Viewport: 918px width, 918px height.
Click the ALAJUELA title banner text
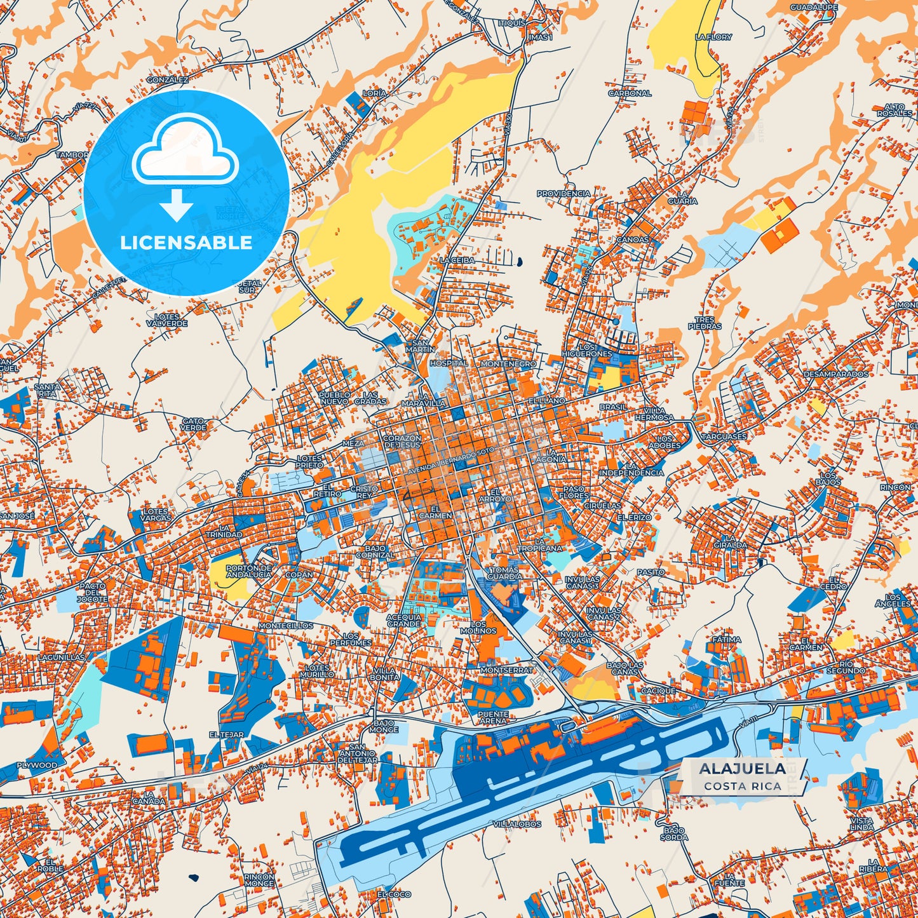click(x=741, y=769)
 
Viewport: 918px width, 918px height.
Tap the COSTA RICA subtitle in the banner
click(x=741, y=786)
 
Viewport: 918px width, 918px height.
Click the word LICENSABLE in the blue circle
click(x=186, y=242)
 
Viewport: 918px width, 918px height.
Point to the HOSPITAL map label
click(x=449, y=363)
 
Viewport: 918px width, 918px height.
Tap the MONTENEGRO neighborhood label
click(x=508, y=363)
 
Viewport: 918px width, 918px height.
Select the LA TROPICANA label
click(x=539, y=544)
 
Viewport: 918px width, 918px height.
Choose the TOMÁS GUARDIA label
click(x=505, y=573)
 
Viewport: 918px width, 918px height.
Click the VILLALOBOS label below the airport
click(x=517, y=824)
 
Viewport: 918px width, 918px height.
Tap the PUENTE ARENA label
click(x=493, y=717)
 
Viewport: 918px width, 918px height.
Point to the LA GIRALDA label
click(x=730, y=541)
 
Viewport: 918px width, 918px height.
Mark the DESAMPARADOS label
click(x=835, y=374)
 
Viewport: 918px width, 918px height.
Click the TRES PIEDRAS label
click(x=705, y=323)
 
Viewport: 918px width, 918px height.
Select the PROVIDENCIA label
click(x=564, y=193)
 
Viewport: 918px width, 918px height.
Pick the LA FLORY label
click(x=713, y=37)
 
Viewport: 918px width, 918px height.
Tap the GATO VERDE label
click(x=193, y=424)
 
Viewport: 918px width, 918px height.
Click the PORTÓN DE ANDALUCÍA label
click(x=249, y=570)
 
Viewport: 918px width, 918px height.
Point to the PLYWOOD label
click(x=37, y=765)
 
